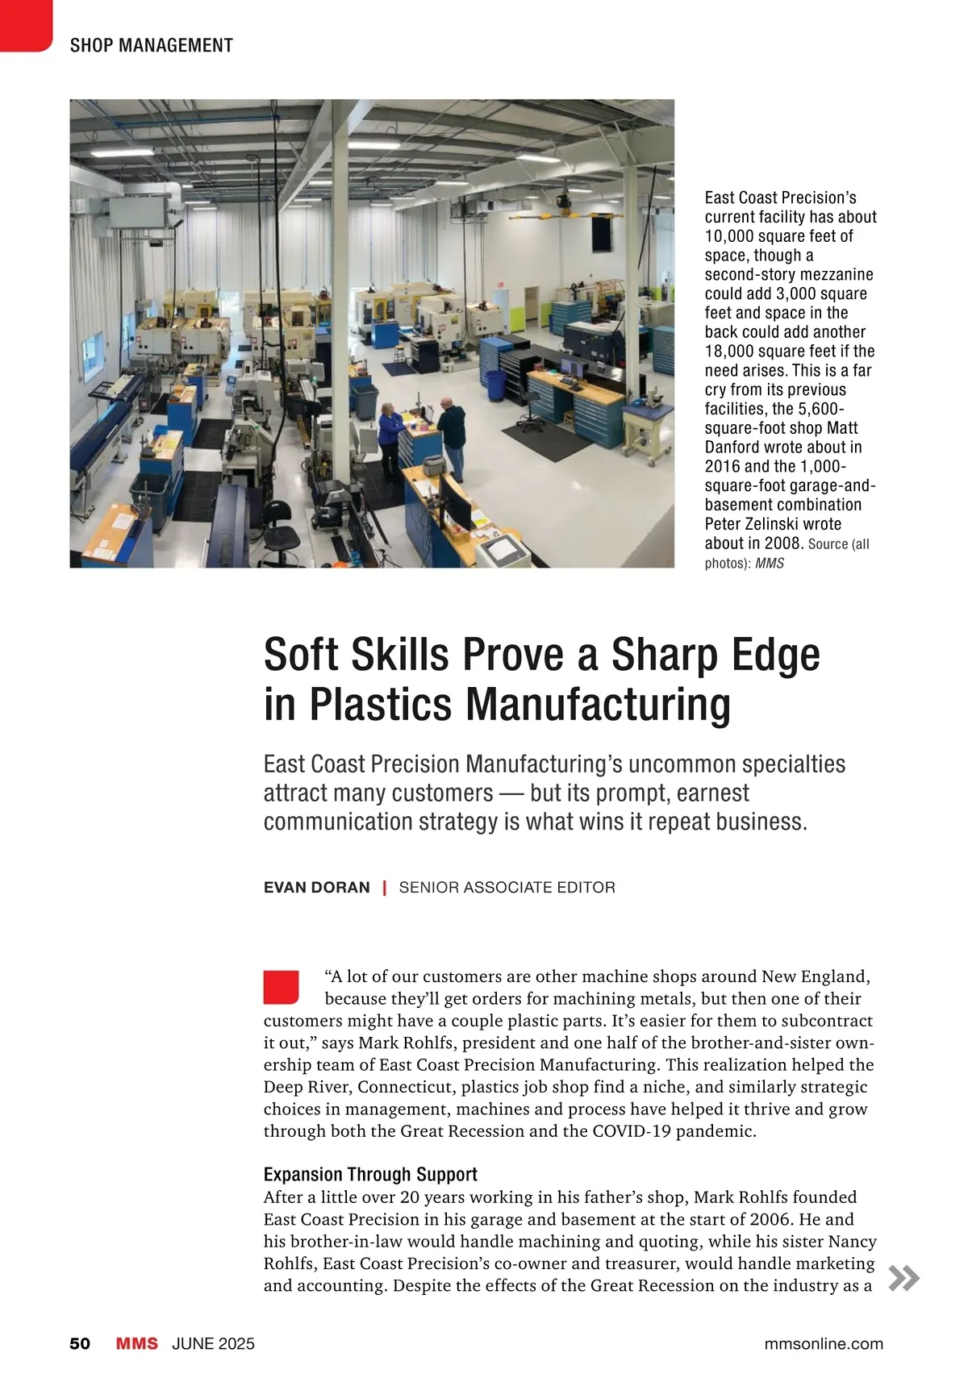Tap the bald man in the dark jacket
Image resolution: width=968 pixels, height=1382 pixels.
pos(452,435)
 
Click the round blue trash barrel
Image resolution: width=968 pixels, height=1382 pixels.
pos(495,385)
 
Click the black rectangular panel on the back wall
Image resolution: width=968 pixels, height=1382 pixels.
pos(602,235)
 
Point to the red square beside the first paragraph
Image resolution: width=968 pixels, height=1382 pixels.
pos(281,987)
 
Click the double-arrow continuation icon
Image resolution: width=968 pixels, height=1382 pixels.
pos(903,1278)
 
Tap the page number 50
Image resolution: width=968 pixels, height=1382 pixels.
pos(80,1344)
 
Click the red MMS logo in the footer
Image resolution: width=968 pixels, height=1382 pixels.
pos(137,1344)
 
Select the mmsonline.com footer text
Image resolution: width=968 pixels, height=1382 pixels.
pos(823,1344)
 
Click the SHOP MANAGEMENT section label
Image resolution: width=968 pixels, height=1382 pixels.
pos(151,46)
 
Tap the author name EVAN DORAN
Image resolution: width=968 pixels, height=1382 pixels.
pos(316,888)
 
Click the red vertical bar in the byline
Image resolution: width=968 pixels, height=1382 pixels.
pos(385,888)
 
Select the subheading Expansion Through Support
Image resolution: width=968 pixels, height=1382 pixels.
pos(370,1174)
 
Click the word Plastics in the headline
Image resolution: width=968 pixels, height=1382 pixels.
pos(382,704)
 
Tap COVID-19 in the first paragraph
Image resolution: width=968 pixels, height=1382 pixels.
pos(632,1131)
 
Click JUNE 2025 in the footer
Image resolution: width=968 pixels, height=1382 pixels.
pos(213,1344)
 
